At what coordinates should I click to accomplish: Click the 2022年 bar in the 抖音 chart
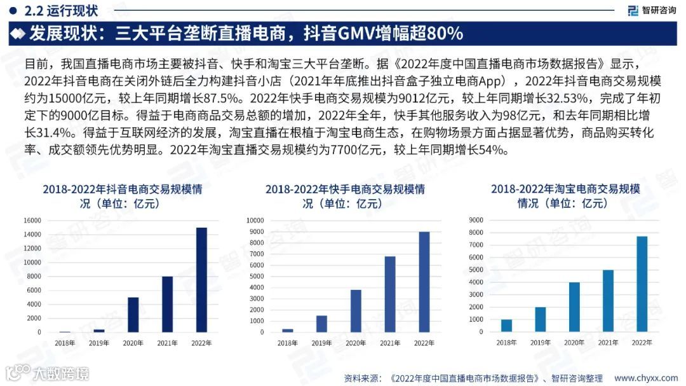[201, 280]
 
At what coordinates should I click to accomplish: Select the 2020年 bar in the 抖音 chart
[133, 315]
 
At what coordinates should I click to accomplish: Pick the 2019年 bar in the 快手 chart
[322, 324]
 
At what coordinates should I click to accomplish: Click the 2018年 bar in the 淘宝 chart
[506, 325]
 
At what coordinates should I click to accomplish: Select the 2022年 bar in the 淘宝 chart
[642, 284]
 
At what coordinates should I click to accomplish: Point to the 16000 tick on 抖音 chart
[32, 221]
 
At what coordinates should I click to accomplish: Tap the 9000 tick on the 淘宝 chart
[475, 220]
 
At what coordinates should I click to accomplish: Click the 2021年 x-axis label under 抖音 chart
[167, 343]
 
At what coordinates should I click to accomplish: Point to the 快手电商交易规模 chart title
[345, 196]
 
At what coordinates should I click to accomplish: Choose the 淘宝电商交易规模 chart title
[565, 196]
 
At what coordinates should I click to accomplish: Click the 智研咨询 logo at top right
[650, 10]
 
